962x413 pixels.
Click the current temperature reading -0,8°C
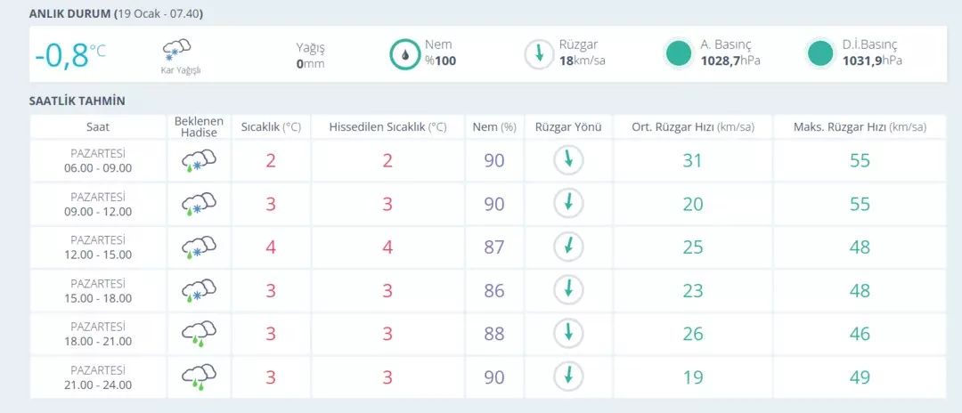[70, 55]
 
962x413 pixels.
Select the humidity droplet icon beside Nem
[404, 54]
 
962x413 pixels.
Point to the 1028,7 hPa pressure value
[730, 61]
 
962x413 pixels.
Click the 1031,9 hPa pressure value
[872, 61]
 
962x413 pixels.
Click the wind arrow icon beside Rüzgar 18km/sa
[539, 54]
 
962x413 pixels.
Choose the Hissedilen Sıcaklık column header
[387, 127]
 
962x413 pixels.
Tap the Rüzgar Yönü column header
[568, 127]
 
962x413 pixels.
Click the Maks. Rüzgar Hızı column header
[860, 127]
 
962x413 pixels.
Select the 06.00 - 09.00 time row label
[98, 168]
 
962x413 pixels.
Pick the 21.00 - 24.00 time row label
[98, 385]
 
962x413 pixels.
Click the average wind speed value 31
[693, 160]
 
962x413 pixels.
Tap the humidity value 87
[493, 247]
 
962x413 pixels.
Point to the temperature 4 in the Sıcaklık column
[271, 247]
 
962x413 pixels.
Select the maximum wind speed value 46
[860, 334]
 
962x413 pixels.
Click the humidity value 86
[493, 290]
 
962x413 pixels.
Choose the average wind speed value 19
[693, 377]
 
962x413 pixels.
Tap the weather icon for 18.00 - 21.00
[199, 334]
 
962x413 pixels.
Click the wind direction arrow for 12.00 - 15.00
[568, 247]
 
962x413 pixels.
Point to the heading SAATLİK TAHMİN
[77, 101]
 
